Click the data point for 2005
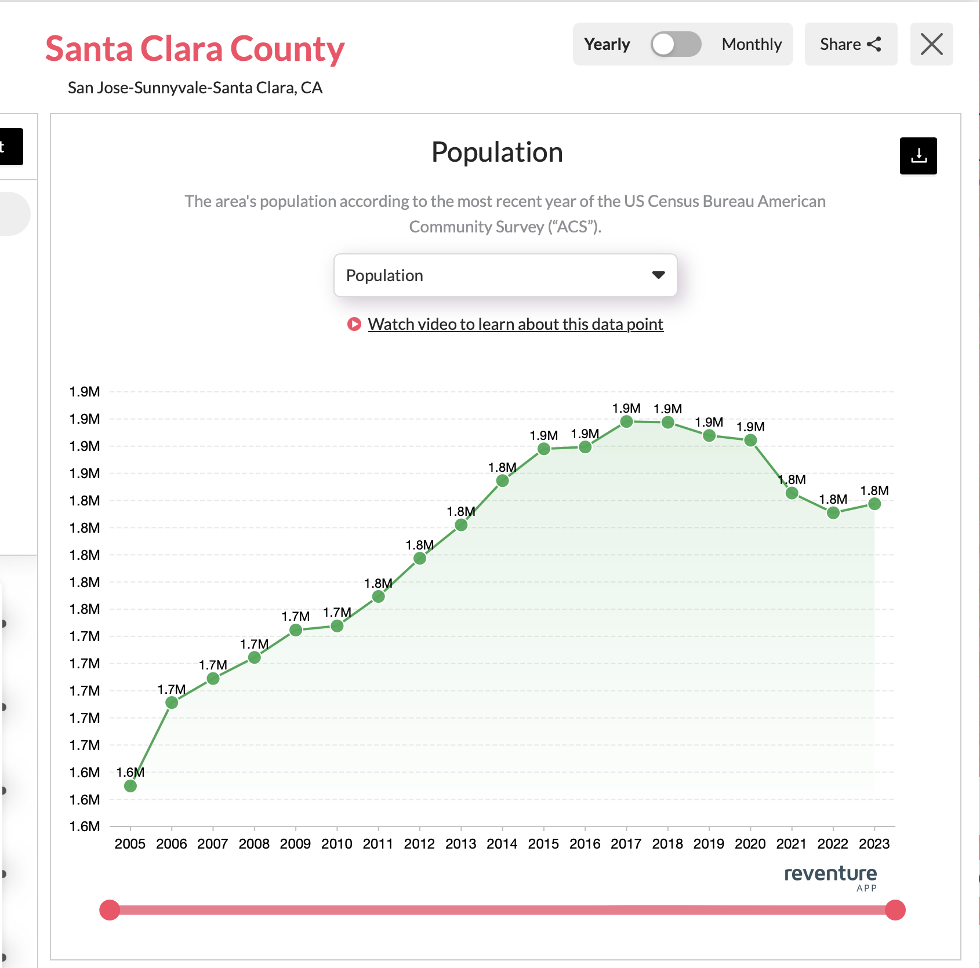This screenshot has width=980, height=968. click(x=130, y=786)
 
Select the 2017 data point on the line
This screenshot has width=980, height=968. click(x=626, y=421)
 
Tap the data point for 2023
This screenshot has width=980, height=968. click(x=874, y=504)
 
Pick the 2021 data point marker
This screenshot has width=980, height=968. click(x=792, y=493)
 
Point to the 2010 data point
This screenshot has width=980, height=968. click(x=337, y=626)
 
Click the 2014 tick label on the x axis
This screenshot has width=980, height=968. click(x=502, y=844)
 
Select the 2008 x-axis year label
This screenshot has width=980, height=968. click(x=254, y=844)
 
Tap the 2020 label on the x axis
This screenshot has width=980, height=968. click(x=750, y=844)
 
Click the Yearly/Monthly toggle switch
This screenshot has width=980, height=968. click(x=676, y=44)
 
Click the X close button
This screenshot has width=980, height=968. click(x=931, y=44)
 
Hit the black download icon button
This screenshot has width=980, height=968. click(x=918, y=156)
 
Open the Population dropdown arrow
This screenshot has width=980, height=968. click(x=658, y=275)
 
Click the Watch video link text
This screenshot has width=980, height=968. click(x=515, y=324)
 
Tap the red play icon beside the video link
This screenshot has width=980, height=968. click(x=354, y=324)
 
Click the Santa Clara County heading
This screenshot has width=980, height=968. click(x=195, y=49)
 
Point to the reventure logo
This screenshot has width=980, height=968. click(x=830, y=875)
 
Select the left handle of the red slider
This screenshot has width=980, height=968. click(x=110, y=910)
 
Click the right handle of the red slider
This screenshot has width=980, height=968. click(x=895, y=910)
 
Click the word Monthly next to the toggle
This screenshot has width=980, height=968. click(x=752, y=44)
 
